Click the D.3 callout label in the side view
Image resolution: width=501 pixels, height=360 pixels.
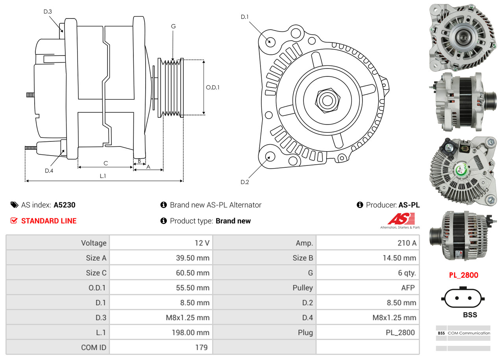coord(48,11)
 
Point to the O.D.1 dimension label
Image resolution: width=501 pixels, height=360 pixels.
coord(213,87)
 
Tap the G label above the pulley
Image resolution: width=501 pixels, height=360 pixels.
coord(173,26)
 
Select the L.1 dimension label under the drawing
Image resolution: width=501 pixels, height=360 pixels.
coord(103,176)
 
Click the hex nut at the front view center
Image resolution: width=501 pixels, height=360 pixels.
coord(327,100)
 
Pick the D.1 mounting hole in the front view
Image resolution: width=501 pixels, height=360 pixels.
coord(270,41)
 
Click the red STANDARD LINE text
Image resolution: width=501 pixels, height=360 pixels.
coord(49,221)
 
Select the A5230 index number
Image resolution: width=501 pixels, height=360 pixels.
coord(65,205)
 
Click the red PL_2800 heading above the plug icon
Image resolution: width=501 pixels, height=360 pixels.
coord(464,275)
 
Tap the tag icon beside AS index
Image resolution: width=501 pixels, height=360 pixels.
coord(14,205)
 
